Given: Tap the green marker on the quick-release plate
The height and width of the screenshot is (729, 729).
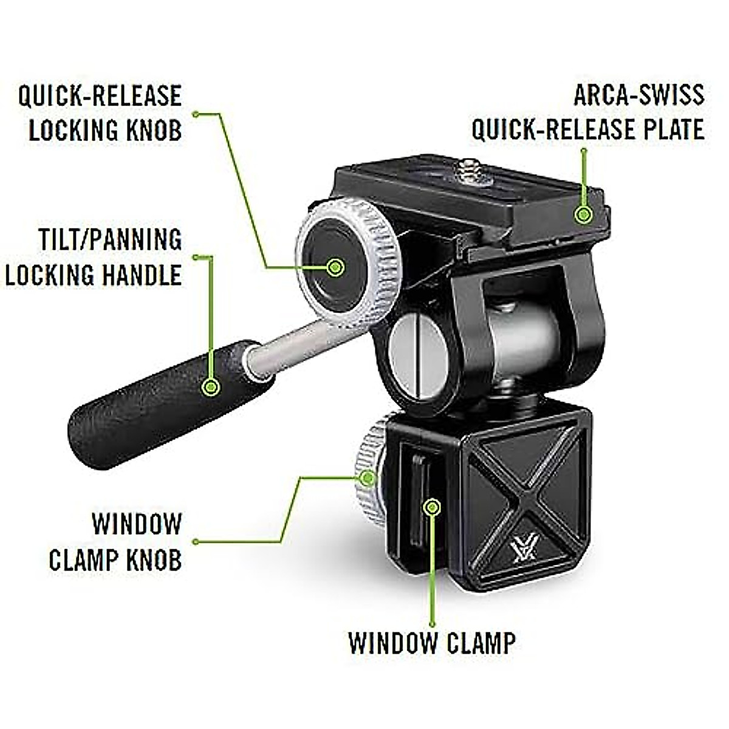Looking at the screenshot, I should click(584, 214).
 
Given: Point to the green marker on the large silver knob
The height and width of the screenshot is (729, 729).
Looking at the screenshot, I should click(335, 266).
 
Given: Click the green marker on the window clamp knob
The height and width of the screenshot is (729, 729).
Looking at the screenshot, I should click(368, 477).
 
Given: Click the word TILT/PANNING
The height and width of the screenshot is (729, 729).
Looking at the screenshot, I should click(110, 239).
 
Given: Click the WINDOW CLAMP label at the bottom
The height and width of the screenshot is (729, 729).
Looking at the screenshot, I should click(432, 642).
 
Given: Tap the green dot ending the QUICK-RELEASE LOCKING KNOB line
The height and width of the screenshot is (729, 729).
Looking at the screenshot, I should click(196, 114).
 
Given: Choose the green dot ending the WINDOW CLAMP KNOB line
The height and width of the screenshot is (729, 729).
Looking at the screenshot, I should click(196, 541).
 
